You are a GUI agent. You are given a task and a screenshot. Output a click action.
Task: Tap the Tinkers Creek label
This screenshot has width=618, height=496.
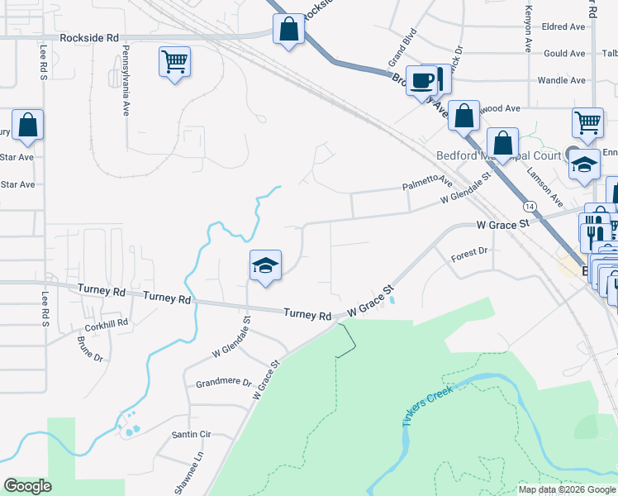pos(429,404)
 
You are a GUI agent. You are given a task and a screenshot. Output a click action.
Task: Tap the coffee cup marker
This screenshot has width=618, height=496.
pos(422,80)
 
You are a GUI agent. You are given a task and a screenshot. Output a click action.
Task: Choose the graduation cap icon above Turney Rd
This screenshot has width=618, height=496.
pos(265,265)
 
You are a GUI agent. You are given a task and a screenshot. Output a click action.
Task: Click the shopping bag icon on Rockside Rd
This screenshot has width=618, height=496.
pos(288,30)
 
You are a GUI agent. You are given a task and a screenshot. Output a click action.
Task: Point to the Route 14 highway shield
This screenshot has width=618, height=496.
pos(529,203)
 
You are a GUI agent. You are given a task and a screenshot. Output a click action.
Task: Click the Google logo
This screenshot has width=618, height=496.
pos(28,486)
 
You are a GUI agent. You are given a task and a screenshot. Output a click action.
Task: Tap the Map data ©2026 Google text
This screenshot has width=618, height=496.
pos(567,489)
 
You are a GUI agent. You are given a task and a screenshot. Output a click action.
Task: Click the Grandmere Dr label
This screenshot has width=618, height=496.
pos(223,383)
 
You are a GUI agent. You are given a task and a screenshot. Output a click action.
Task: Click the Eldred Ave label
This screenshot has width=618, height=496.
pos(563,26)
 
